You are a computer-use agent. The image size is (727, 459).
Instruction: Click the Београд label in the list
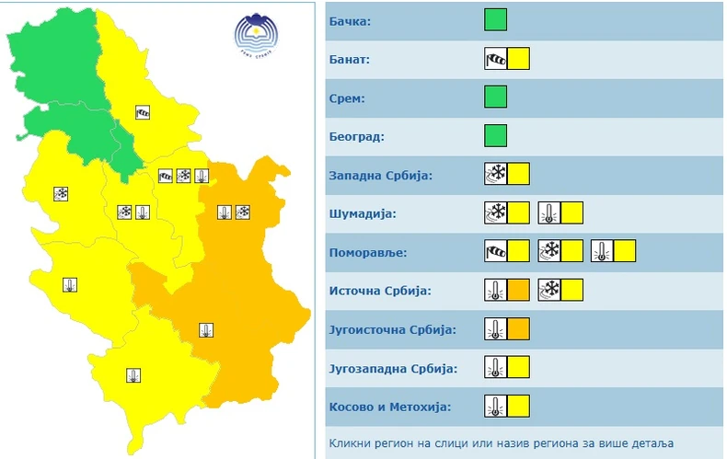tap(357, 136)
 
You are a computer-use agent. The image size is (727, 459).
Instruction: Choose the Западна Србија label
tap(380, 175)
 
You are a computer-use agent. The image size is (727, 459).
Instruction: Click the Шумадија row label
tap(362, 213)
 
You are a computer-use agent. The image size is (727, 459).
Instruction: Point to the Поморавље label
tap(366, 251)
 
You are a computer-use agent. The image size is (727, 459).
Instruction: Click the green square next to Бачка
tap(496, 19)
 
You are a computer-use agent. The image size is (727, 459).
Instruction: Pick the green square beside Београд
tap(496, 136)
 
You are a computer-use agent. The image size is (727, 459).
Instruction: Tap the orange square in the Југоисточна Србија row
tap(518, 328)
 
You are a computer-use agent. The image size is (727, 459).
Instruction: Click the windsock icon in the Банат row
tap(495, 60)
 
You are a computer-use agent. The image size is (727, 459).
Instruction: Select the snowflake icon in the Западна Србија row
tap(495, 174)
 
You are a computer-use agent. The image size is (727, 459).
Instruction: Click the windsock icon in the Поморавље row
tap(495, 251)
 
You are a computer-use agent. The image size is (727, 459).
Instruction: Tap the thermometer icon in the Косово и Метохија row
tap(495, 407)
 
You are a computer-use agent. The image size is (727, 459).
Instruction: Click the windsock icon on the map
tap(143, 112)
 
